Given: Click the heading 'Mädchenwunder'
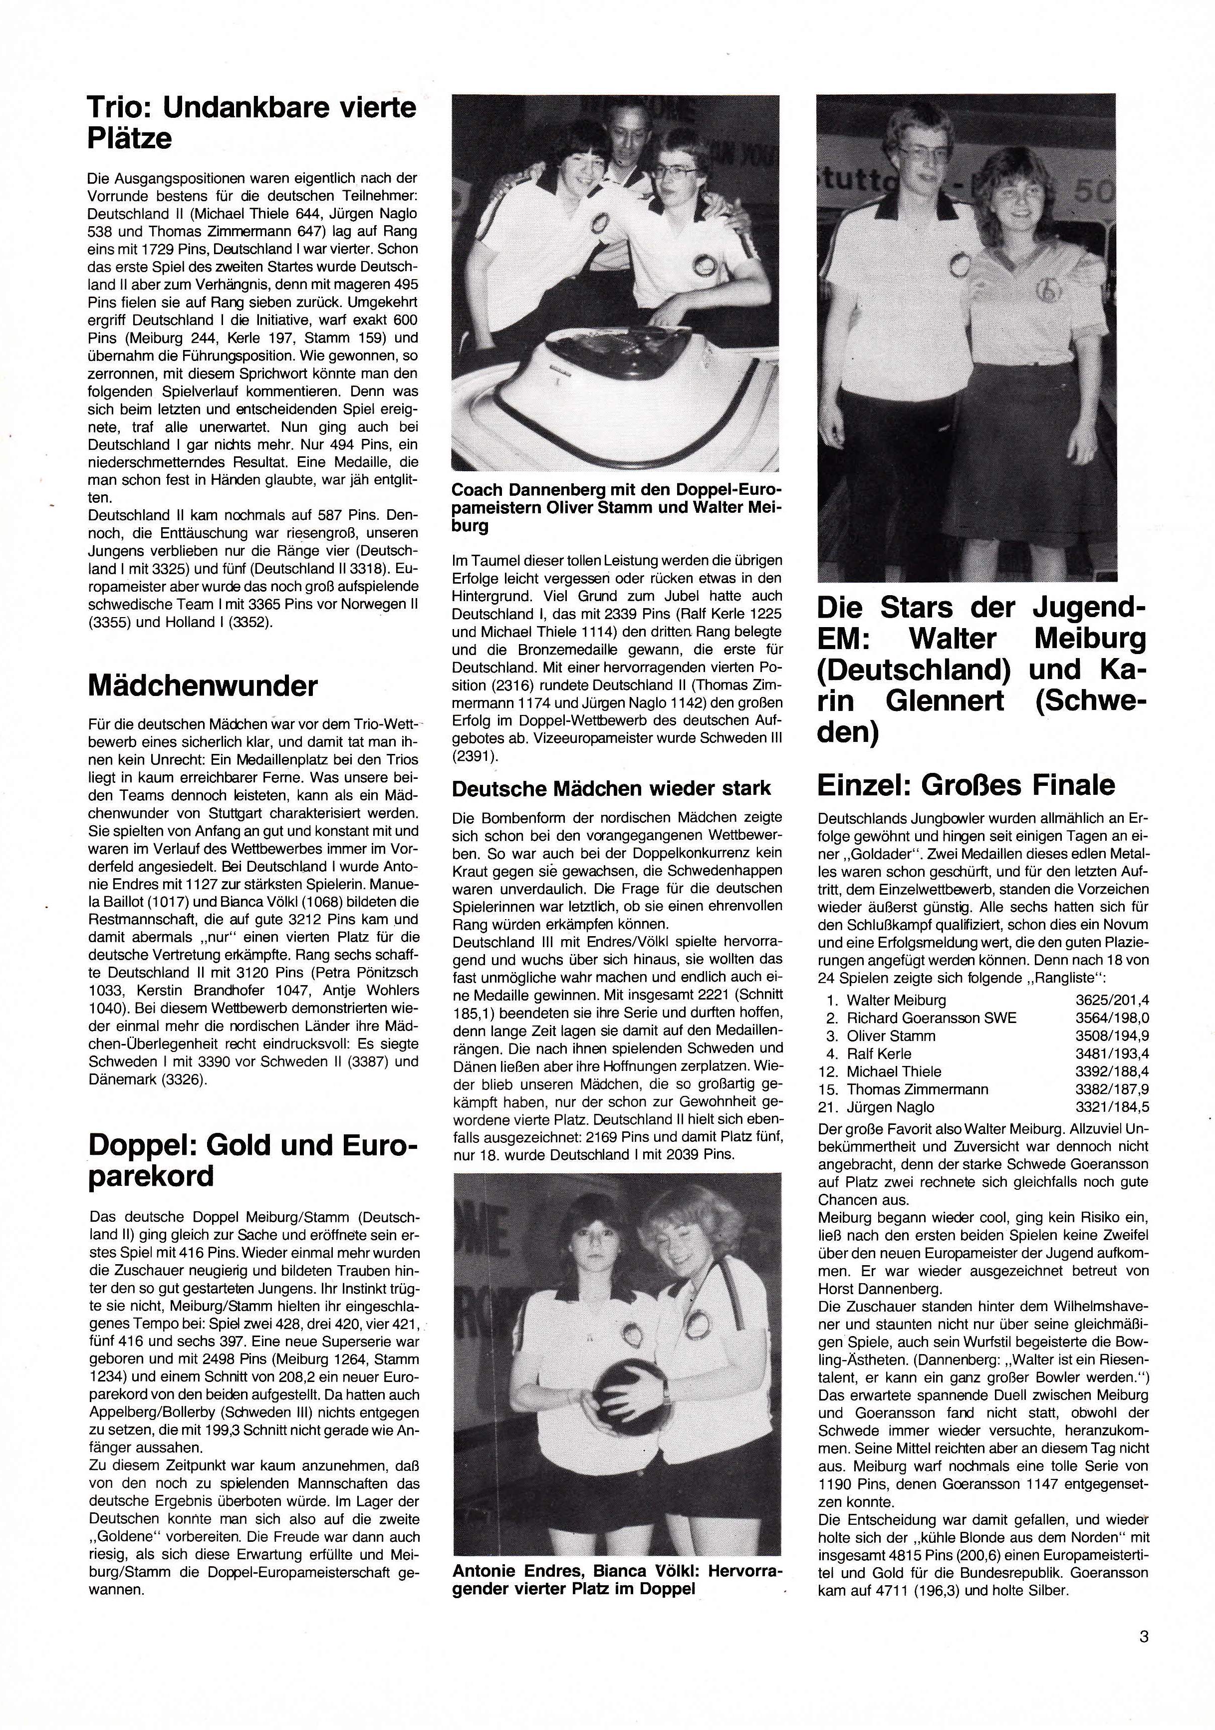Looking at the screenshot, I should (x=203, y=686).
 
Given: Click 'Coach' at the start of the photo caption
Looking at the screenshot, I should (x=475, y=490).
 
